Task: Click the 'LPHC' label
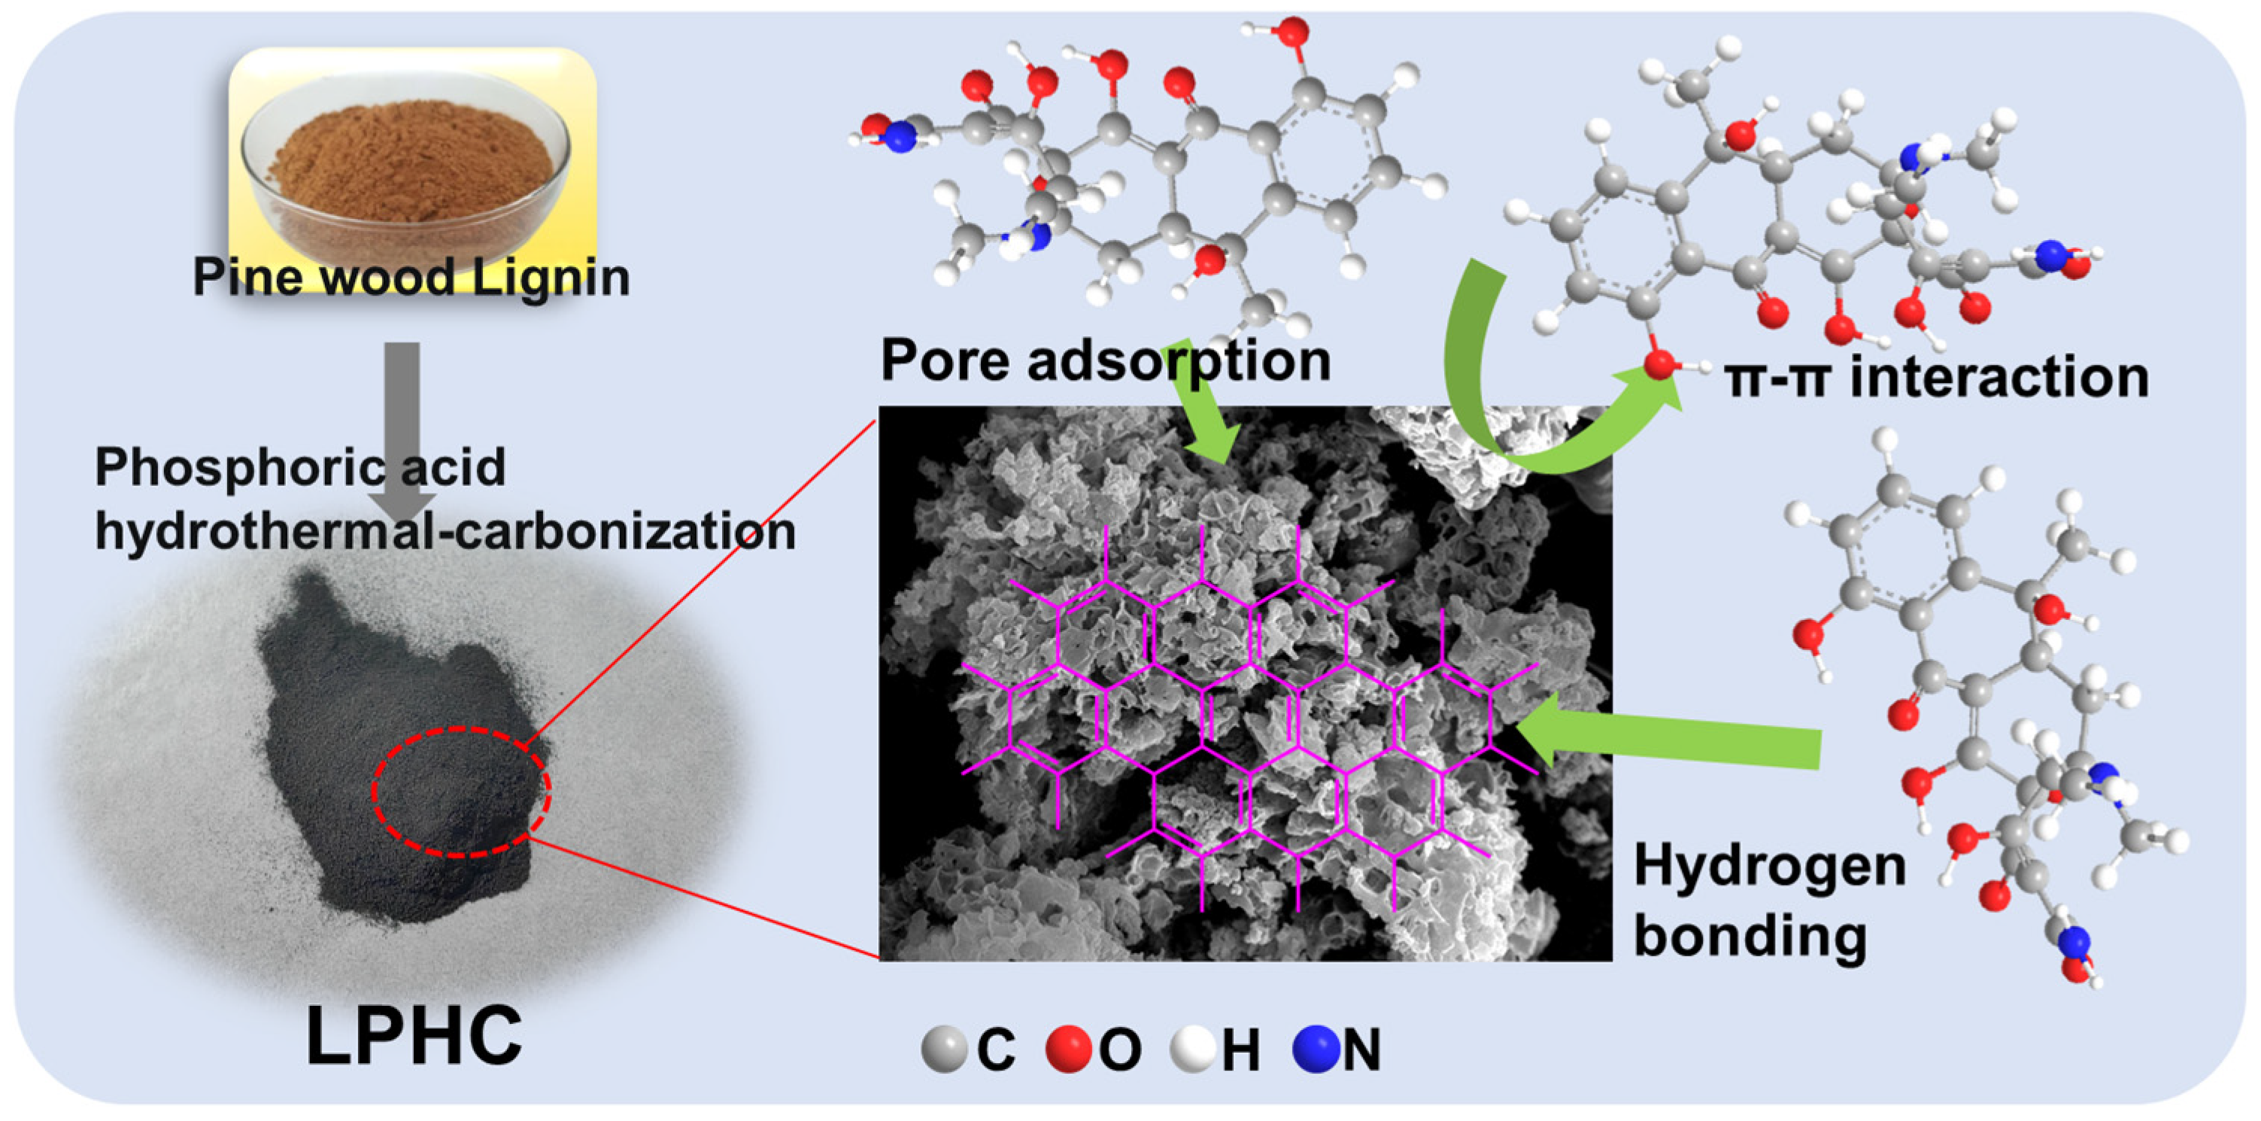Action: click(x=414, y=1036)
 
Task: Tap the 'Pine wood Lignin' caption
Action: click(x=411, y=278)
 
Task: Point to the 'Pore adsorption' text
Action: click(x=1105, y=360)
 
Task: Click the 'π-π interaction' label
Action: click(x=1936, y=378)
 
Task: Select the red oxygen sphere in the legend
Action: click(x=1068, y=1049)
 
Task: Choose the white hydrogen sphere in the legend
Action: click(x=1193, y=1049)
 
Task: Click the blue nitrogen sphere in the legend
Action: click(x=1316, y=1049)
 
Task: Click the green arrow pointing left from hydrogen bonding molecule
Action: click(x=1668, y=740)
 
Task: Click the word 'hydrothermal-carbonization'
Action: click(x=445, y=531)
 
